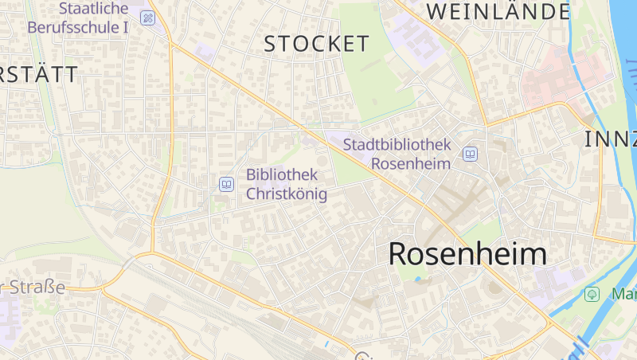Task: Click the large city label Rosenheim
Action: (x=467, y=254)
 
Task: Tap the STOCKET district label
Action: (x=317, y=44)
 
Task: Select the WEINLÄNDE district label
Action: (x=499, y=11)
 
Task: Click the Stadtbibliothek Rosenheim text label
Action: (x=397, y=154)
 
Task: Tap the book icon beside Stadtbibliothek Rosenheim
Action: (x=471, y=154)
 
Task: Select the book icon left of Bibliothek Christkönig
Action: (x=227, y=185)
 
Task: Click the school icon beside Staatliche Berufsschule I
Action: (x=147, y=18)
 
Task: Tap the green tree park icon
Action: (x=592, y=294)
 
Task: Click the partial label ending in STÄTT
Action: (x=39, y=75)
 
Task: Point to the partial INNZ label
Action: (x=611, y=139)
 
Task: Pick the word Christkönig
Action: (x=287, y=194)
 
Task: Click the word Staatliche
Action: (x=93, y=8)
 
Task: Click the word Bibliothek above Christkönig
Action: (x=282, y=174)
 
